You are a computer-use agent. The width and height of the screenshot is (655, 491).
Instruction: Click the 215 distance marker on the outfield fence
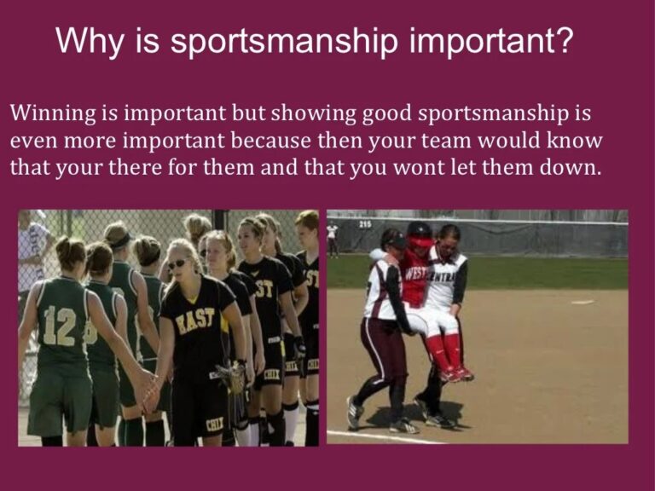365,224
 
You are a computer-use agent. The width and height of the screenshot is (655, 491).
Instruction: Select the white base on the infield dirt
582,302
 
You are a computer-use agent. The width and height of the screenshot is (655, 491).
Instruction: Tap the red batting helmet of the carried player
419,232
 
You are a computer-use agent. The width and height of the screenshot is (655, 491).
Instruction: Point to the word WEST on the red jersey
415,274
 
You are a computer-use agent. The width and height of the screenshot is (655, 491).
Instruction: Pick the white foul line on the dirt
384,436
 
